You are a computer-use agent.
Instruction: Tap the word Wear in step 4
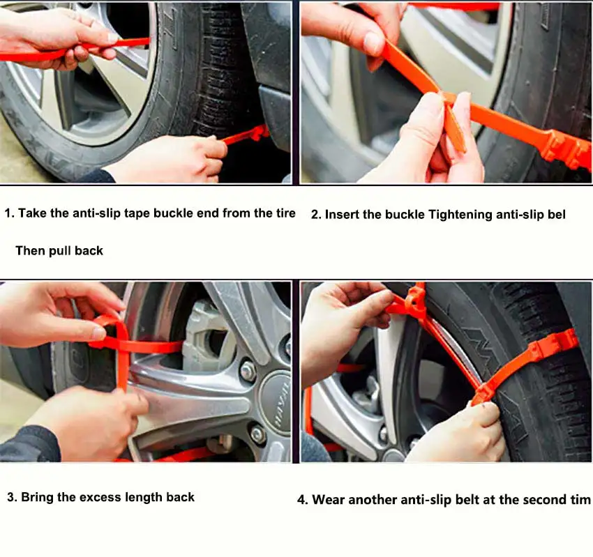329,500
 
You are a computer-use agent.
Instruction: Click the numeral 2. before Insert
316,215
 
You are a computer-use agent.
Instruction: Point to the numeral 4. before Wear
303,501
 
